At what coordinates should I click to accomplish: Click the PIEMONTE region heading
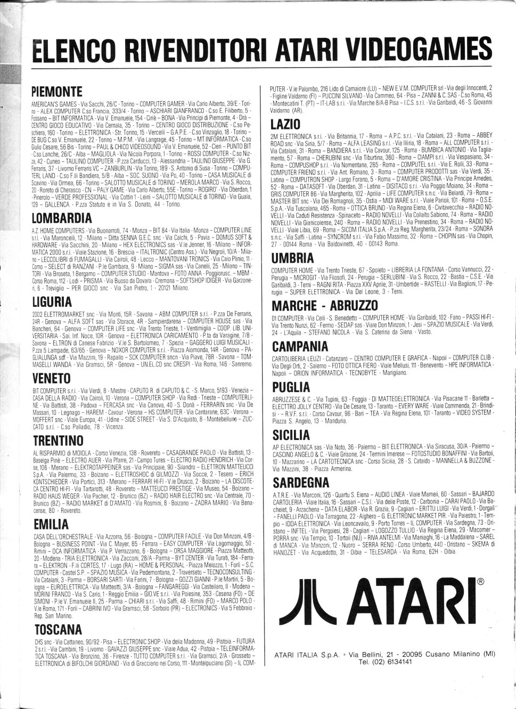[57, 91]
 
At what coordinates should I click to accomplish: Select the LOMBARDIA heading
[62, 218]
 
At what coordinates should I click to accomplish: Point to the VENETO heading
[51, 378]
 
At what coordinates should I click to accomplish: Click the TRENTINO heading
[58, 441]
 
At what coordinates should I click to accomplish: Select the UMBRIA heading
[292, 259]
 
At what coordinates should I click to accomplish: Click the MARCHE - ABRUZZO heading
[325, 306]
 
